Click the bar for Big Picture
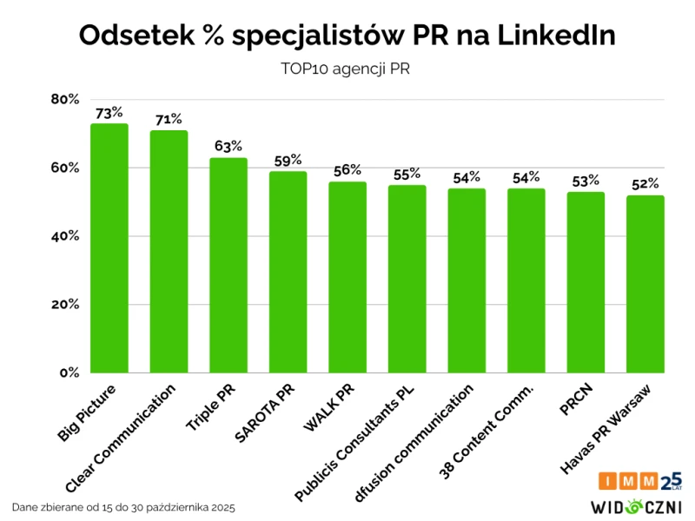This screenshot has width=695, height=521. [109, 248]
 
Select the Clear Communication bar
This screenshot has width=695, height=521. [169, 252]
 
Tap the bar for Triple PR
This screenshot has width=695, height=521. [228, 266]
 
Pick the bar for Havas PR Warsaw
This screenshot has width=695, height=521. [645, 284]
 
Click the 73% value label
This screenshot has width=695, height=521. [109, 113]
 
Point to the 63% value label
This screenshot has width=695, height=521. [228, 146]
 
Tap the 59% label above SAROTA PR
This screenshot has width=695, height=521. [288, 160]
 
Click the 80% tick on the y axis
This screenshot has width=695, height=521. [64, 99]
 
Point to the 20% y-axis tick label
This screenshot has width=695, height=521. [64, 305]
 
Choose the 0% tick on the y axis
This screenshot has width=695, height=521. [69, 373]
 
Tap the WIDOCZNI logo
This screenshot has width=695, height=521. [637, 506]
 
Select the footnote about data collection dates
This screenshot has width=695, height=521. [123, 506]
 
